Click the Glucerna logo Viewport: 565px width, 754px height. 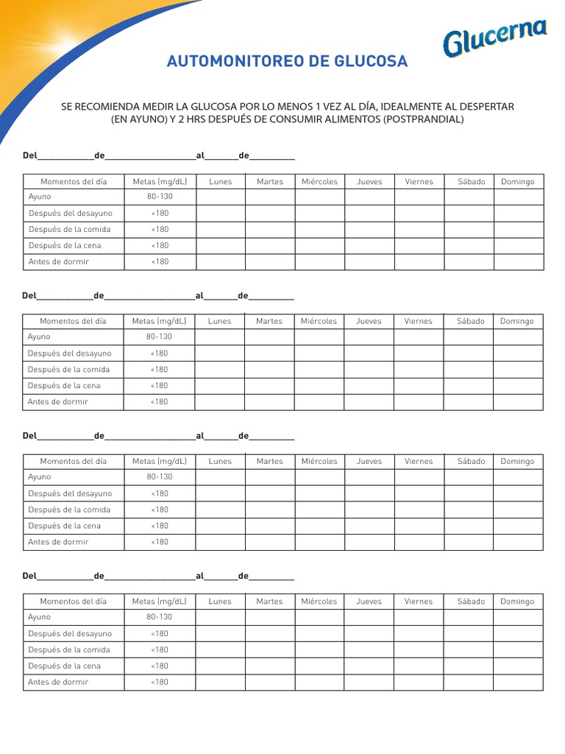pyautogui.click(x=494, y=39)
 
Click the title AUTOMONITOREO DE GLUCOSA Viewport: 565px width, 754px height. pyautogui.click(x=287, y=62)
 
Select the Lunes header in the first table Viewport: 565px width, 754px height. pyautogui.click(x=220, y=181)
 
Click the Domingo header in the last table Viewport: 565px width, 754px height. pyautogui.click(x=517, y=602)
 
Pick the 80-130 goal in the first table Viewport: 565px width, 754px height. pyautogui.click(x=160, y=197)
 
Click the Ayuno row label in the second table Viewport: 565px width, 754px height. pyautogui.click(x=39, y=337)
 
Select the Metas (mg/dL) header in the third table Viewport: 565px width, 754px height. pyautogui.click(x=160, y=461)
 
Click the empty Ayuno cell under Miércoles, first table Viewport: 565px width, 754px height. pyautogui.click(x=319, y=197)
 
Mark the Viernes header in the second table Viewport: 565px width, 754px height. pyautogui.click(x=418, y=321)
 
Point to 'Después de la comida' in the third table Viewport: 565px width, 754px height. pyautogui.click(x=69, y=510)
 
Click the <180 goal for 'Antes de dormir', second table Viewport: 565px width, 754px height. pyautogui.click(x=159, y=402)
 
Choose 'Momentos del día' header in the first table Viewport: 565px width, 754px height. pyautogui.click(x=74, y=181)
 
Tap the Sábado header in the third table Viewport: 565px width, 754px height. pyautogui.click(x=471, y=461)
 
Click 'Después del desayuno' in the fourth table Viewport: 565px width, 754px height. pyautogui.click(x=70, y=633)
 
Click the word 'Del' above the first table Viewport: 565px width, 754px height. pyautogui.click(x=29, y=156)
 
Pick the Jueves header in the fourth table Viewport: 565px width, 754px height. pyautogui.click(x=369, y=602)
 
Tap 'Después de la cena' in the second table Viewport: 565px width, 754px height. pyautogui.click(x=64, y=386)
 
